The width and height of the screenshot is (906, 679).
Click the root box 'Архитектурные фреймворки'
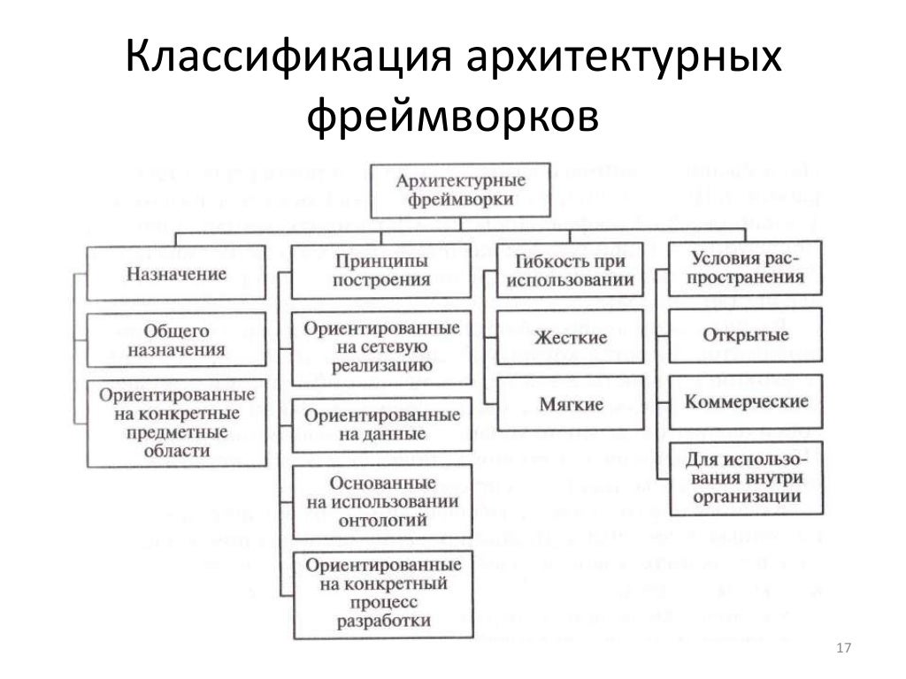[461, 190]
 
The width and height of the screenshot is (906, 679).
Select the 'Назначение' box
[176, 274]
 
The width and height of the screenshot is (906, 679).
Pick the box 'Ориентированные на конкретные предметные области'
[176, 422]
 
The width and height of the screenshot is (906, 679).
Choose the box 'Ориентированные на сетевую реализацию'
[381, 347]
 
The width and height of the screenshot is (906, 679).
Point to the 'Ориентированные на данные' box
[381, 425]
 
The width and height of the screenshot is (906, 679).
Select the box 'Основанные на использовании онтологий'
[381, 502]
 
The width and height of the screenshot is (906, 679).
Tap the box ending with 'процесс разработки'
[381, 592]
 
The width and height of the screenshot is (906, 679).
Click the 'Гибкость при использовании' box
[570, 271]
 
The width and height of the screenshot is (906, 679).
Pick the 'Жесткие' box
[570, 338]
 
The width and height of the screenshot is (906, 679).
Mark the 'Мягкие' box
[570, 404]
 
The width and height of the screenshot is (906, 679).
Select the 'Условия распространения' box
[744, 268]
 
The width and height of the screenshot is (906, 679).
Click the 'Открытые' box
[744, 336]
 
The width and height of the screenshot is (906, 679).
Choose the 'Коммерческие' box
[744, 402]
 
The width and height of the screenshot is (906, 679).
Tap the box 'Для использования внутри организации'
[744, 478]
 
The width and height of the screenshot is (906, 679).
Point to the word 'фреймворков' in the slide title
[452, 115]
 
